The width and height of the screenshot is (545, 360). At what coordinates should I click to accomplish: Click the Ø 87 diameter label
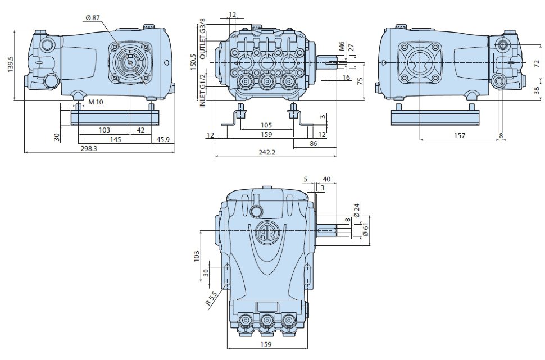tap(92, 18)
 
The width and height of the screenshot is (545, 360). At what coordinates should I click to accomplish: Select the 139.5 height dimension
tap(10, 65)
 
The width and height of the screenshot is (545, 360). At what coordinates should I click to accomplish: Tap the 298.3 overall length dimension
tap(89, 148)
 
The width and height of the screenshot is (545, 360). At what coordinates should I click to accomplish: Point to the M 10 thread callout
tap(96, 102)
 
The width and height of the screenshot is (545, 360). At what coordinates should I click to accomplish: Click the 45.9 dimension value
tap(163, 139)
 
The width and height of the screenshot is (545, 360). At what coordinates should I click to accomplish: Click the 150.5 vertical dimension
tap(194, 62)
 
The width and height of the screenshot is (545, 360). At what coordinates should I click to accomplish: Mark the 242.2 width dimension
tap(267, 153)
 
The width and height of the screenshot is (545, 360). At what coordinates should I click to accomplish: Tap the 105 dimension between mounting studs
tap(266, 125)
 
